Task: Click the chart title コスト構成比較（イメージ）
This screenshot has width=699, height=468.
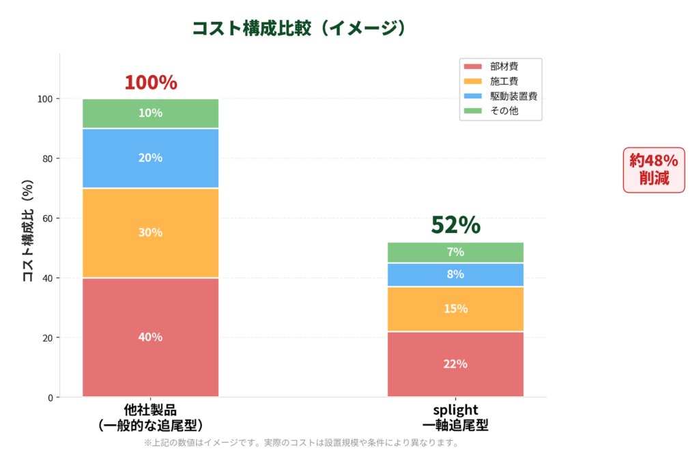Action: click(x=300, y=28)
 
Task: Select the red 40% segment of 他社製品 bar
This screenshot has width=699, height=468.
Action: click(x=150, y=337)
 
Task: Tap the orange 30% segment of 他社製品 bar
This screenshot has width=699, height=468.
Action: click(x=150, y=232)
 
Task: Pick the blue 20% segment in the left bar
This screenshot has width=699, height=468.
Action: click(x=150, y=158)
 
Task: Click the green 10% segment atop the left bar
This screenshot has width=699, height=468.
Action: click(x=150, y=113)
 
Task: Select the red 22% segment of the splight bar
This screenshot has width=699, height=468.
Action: click(x=455, y=363)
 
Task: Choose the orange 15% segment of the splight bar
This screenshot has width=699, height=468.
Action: click(x=455, y=309)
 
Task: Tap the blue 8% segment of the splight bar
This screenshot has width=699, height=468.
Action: click(x=455, y=275)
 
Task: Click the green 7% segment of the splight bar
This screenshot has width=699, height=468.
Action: click(x=455, y=252)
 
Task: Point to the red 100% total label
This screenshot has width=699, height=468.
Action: click(x=150, y=83)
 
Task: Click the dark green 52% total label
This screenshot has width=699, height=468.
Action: click(x=455, y=225)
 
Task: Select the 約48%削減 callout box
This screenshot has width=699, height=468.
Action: click(x=653, y=169)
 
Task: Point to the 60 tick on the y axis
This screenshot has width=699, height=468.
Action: click(x=48, y=219)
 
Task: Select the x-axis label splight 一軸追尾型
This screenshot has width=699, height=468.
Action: click(x=455, y=417)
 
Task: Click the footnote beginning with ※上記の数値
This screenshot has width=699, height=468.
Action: click(x=301, y=443)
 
